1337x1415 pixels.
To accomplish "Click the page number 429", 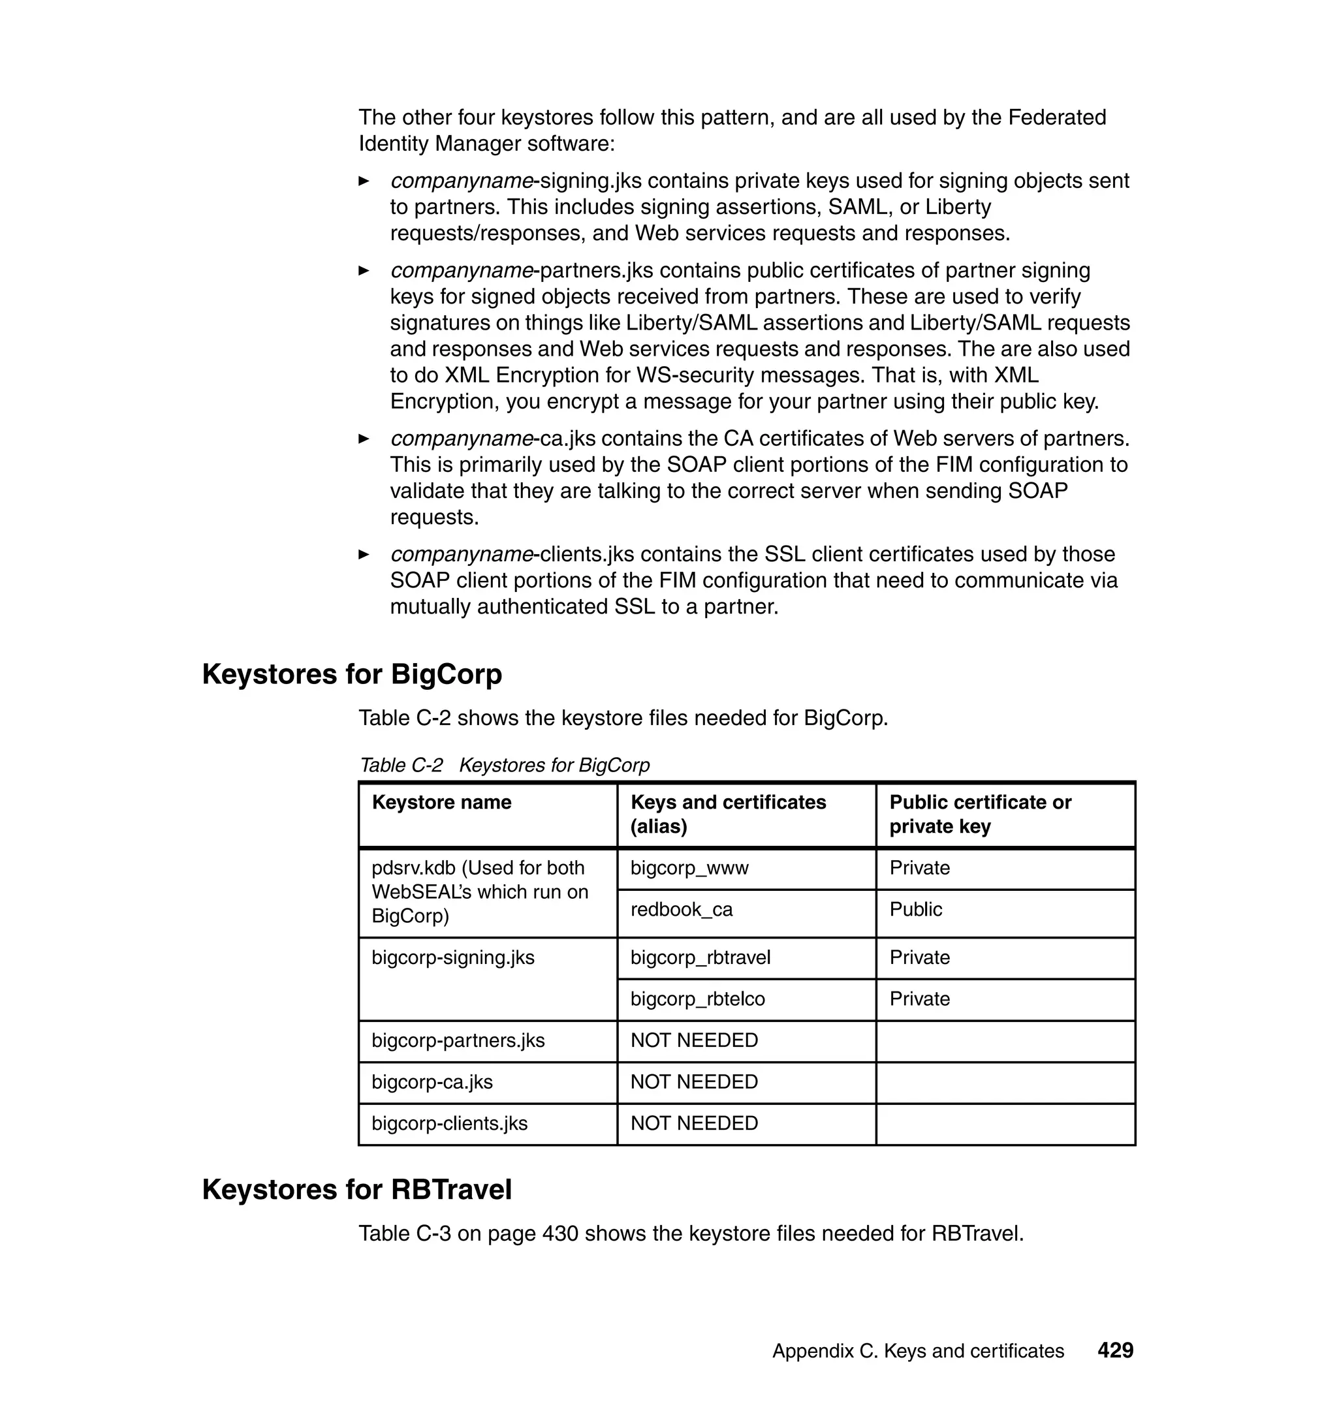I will tap(1114, 1350).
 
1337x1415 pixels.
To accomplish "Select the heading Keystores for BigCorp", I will tap(352, 674).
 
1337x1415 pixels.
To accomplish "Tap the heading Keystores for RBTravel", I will tap(356, 1190).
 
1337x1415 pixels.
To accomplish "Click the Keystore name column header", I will tap(441, 802).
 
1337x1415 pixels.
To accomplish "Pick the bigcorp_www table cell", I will tap(689, 868).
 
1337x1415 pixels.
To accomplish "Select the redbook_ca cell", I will tap(682, 909).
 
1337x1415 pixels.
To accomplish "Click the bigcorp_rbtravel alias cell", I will tap(700, 957).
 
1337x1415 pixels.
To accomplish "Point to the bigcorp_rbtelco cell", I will tap(697, 998).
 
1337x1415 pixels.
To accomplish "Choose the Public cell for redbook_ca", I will tap(915, 909).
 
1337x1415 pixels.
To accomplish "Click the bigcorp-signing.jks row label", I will tap(452, 957).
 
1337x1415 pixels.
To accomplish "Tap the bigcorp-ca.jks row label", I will tap(432, 1081).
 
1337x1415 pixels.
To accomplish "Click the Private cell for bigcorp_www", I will tap(919, 868).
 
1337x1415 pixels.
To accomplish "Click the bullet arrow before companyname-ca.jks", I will tap(364, 439).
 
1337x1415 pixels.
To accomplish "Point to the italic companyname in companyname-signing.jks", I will tap(461, 181).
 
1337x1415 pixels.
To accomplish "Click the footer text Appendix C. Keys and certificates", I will tap(917, 1351).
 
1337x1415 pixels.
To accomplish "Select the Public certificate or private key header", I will tap(979, 814).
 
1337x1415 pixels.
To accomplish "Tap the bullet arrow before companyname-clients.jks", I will tap(364, 554).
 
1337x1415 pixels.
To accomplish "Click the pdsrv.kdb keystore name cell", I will tap(479, 892).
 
